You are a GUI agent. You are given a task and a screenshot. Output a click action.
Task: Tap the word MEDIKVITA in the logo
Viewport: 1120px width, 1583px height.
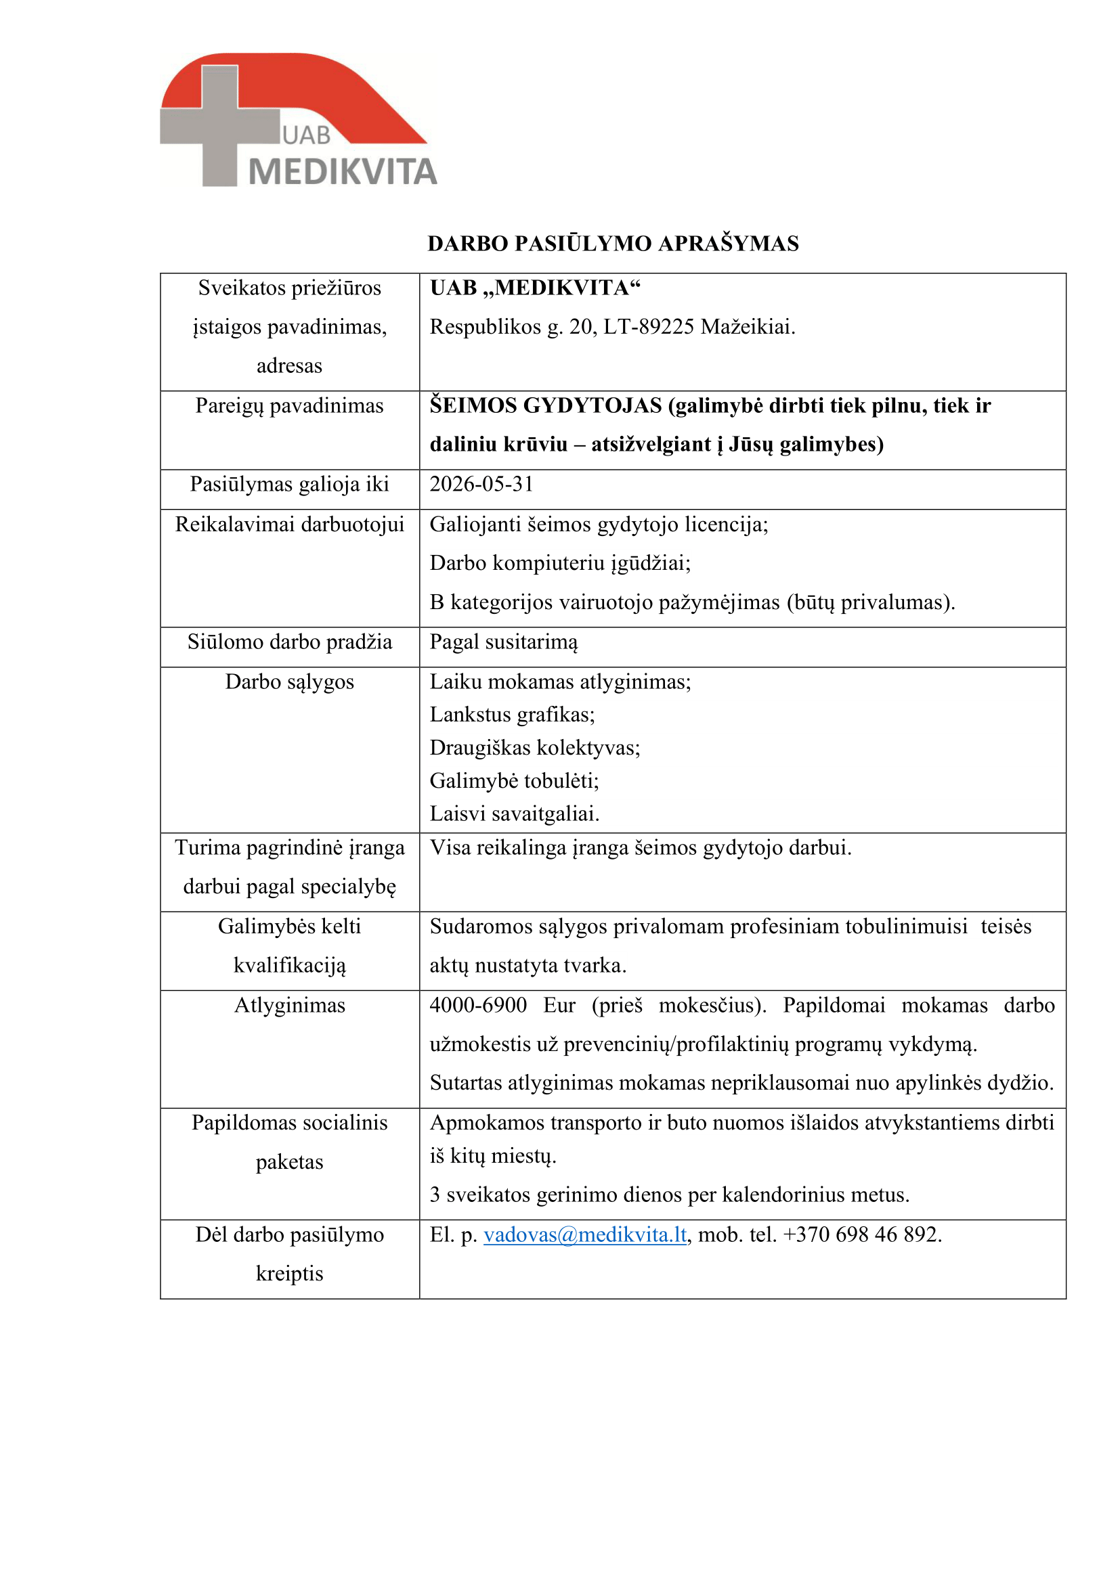point(343,172)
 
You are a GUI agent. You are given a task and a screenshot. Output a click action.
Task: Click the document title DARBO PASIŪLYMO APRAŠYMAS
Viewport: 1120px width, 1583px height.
point(612,244)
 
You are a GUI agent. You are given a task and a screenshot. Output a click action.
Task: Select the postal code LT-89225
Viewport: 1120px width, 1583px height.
point(649,327)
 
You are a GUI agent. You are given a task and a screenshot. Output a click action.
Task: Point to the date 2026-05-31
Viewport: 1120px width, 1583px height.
point(481,484)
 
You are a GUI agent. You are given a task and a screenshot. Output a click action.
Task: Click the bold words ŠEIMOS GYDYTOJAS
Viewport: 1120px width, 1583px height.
point(546,405)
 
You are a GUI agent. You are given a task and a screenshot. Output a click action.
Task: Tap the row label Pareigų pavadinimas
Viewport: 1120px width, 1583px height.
point(289,405)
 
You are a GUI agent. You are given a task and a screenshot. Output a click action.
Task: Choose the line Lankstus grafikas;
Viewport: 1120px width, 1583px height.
point(512,714)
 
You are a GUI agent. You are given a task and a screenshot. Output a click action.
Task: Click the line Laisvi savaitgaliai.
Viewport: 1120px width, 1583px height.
point(515,813)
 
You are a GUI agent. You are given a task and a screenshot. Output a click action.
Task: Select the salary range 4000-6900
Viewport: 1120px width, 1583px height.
point(478,1005)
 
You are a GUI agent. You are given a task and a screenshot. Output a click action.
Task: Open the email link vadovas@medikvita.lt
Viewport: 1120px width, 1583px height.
point(585,1234)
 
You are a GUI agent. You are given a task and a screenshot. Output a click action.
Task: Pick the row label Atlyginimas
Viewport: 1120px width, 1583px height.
point(290,1005)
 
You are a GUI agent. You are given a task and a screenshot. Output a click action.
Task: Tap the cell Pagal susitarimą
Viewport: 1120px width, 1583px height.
point(503,642)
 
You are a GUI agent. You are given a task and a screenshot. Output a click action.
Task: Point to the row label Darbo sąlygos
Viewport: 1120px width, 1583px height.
point(290,682)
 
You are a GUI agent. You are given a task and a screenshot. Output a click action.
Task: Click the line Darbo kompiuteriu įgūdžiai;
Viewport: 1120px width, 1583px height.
point(560,562)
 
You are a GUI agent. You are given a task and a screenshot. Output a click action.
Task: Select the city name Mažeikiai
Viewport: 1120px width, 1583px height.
point(748,327)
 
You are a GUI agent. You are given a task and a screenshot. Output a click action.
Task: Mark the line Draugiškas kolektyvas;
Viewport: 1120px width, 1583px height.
point(534,747)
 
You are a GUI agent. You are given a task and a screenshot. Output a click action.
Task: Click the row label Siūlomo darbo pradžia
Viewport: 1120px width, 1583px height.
point(290,642)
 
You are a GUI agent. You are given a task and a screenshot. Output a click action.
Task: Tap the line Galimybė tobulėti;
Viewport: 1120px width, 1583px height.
point(514,780)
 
